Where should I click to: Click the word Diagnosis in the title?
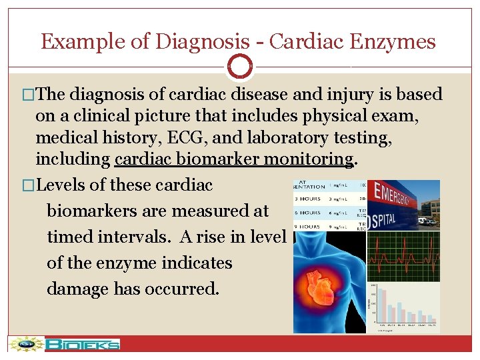click(199, 42)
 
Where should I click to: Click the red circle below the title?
click(240, 67)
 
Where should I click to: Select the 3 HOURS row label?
click(309, 199)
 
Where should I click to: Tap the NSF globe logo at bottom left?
click(25, 344)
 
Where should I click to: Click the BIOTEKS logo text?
click(83, 345)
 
